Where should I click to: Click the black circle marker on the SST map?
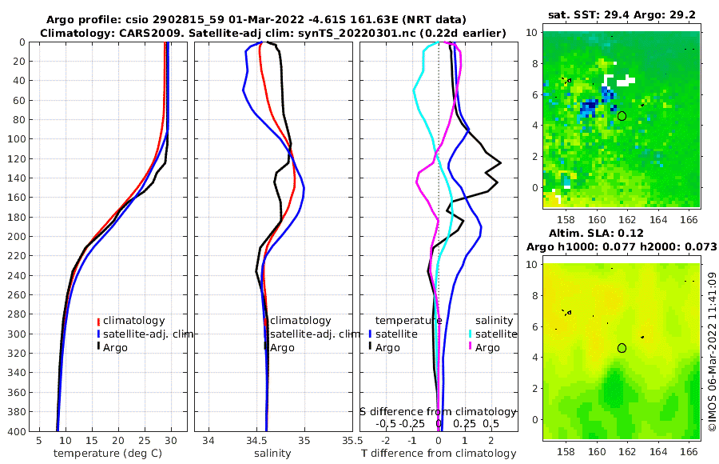point(622,116)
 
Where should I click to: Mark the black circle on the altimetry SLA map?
point(622,348)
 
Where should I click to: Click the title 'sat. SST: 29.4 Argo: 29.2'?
point(621,15)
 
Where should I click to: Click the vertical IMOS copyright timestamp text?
point(712,352)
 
